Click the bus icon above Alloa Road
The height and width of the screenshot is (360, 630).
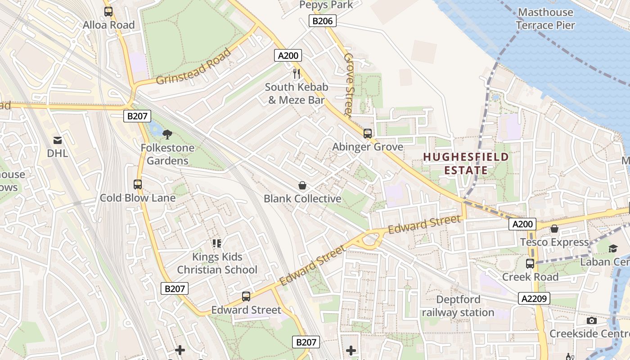[108, 11]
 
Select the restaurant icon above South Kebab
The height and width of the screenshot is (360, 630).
[296, 73]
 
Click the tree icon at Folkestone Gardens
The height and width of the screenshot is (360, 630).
[167, 134]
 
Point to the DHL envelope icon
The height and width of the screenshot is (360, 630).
[58, 140]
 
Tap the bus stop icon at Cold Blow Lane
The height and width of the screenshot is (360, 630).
[138, 184]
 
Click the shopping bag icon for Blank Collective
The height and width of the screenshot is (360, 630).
[302, 185]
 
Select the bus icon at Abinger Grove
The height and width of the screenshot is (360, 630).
[368, 134]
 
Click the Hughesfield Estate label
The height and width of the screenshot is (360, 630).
[466, 163]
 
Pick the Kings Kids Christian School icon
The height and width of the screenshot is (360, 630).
[217, 243]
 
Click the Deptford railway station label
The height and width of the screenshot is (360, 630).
[458, 306]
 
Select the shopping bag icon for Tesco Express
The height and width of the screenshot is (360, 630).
[554, 229]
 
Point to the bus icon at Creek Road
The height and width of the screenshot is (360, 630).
[530, 264]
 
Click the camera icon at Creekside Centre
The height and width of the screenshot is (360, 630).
[592, 320]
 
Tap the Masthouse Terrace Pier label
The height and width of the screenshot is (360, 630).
[545, 18]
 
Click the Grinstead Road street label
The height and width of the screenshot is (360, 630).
[194, 66]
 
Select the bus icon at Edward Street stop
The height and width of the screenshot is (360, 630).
[246, 297]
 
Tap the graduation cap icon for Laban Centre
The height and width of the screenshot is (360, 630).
[613, 249]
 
